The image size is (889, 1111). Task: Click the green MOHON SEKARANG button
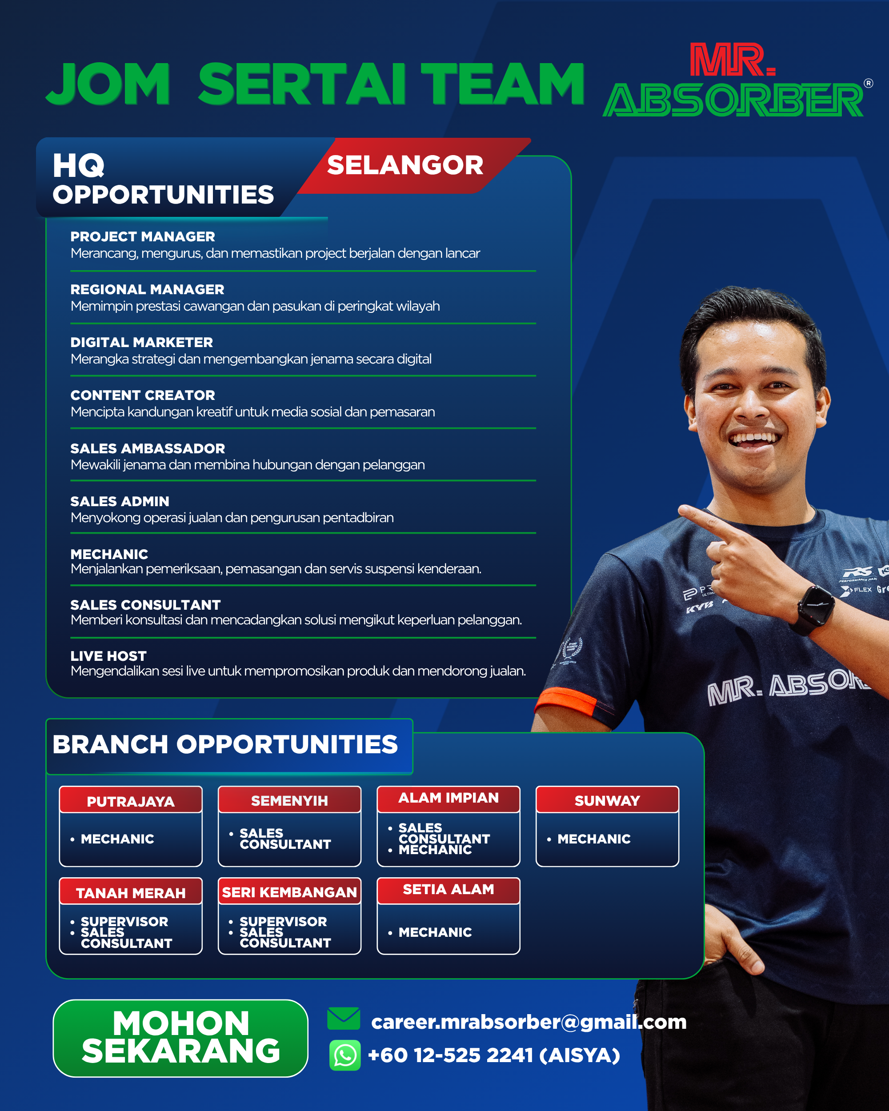[180, 1038]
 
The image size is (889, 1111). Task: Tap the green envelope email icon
[344, 1018]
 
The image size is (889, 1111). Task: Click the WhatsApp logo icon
[345, 1055]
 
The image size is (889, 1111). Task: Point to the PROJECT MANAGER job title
[143, 236]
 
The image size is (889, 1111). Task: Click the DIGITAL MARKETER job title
[142, 342]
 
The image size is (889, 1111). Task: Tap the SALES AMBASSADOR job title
[148, 448]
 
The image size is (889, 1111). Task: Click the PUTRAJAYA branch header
[131, 800]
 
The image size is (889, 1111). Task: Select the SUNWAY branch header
[607, 800]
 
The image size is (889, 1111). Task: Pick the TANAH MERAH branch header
[131, 892]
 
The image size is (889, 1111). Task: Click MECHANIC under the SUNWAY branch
[594, 839]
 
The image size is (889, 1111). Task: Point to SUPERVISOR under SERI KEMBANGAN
[283, 921]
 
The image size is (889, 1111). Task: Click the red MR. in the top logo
[733, 60]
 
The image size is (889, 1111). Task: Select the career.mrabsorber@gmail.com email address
[529, 1022]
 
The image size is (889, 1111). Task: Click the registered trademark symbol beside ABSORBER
[869, 83]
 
